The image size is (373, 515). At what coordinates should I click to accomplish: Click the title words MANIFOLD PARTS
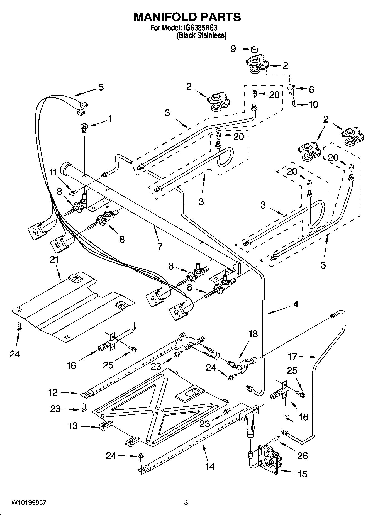[187, 17]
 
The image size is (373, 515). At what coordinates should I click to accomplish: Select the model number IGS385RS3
[200, 28]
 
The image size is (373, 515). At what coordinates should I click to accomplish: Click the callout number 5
[101, 87]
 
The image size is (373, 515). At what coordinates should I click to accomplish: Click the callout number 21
[54, 260]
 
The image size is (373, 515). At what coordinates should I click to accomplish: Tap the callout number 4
[296, 304]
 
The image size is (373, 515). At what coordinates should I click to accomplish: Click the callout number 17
[293, 356]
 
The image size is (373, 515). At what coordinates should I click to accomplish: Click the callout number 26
[303, 456]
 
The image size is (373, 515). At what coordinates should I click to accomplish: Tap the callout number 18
[253, 334]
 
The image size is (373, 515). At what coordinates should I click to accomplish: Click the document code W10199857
[29, 503]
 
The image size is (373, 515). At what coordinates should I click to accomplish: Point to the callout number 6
[311, 89]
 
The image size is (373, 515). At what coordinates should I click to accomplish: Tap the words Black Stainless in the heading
[201, 36]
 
